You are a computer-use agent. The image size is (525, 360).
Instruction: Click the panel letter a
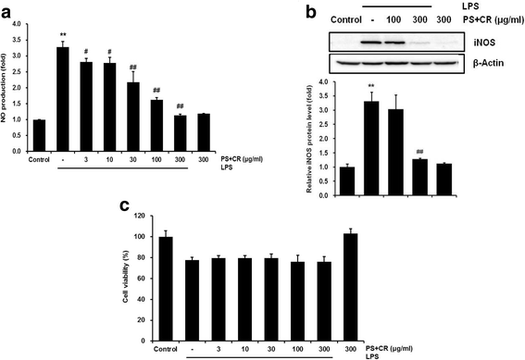point(7,8)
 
